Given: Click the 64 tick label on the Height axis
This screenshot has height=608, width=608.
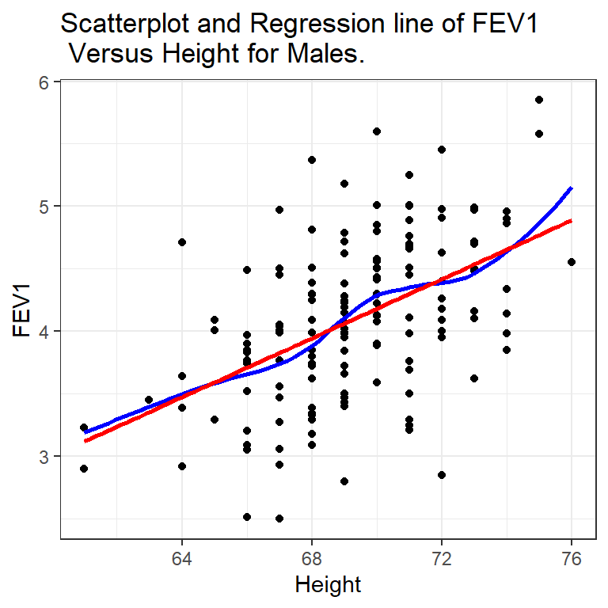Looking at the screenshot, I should [182, 558].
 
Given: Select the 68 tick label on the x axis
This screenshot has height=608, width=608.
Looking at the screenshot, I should [312, 558].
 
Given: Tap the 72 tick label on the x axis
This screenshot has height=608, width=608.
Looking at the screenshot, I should [442, 558].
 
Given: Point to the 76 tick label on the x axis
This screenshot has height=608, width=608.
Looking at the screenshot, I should [572, 558].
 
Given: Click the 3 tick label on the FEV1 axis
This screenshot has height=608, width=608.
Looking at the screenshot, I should [45, 457].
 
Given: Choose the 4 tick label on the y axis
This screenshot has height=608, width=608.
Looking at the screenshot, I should [45, 332].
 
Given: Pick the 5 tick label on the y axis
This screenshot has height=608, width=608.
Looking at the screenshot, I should [45, 207].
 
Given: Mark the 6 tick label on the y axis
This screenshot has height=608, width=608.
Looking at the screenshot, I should [45, 82].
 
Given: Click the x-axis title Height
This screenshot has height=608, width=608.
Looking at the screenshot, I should [328, 585].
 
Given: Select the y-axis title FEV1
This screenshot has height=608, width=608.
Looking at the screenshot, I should [21, 310].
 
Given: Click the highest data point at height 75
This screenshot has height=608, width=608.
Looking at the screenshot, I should [539, 100].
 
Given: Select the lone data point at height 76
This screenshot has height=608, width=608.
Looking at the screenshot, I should [572, 262].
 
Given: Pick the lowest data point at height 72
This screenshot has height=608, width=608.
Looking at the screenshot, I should [442, 475].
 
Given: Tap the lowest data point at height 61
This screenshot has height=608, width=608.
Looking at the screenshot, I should [84, 469].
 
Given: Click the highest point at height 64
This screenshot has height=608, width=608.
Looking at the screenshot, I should [182, 242].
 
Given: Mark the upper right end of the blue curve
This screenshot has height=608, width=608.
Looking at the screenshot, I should [572, 188].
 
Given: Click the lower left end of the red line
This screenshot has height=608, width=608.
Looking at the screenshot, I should [85, 441].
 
